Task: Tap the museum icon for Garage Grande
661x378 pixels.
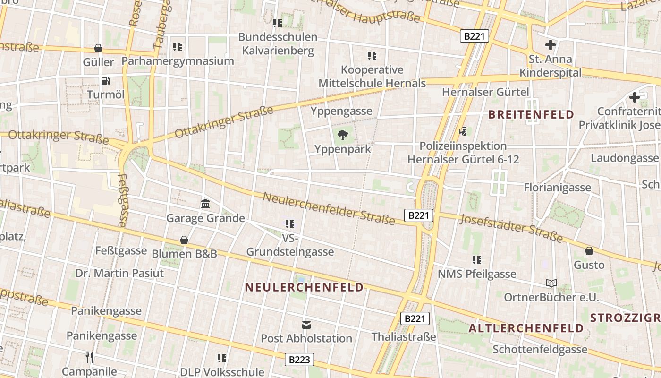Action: pyautogui.click(x=205, y=204)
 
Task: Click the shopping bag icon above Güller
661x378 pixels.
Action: pyautogui.click(x=98, y=48)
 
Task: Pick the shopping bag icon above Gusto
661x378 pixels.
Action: pyautogui.click(x=589, y=251)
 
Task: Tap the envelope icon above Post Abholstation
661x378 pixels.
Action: pyautogui.click(x=306, y=325)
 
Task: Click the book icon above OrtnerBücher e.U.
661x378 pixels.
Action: pyautogui.click(x=551, y=283)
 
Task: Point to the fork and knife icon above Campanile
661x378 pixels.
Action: pyautogui.click(x=89, y=357)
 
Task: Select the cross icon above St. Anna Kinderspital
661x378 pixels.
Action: pyautogui.click(x=550, y=45)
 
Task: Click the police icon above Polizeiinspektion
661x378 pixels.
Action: pyautogui.click(x=463, y=131)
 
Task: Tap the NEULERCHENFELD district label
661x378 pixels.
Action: pyautogui.click(x=305, y=287)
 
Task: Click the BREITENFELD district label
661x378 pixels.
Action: pyautogui.click(x=531, y=114)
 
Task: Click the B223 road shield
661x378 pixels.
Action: pyautogui.click(x=299, y=360)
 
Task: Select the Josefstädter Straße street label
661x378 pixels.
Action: pyautogui.click(x=511, y=228)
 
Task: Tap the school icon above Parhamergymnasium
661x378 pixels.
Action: pyautogui.click(x=178, y=47)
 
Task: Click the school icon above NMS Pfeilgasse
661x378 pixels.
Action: pyautogui.click(x=476, y=260)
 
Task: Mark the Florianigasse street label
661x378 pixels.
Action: pyautogui.click(x=557, y=188)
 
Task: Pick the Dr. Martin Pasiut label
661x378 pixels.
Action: pyautogui.click(x=119, y=273)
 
